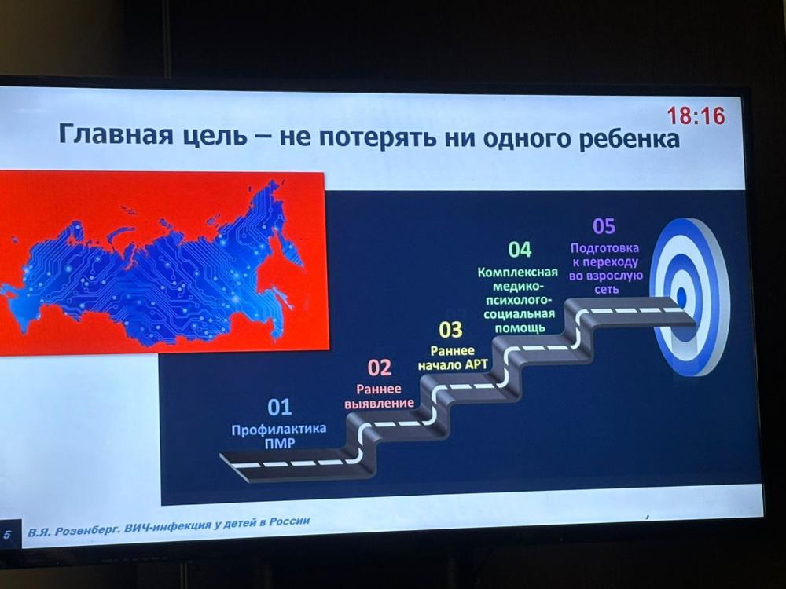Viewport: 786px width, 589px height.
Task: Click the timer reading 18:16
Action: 696,115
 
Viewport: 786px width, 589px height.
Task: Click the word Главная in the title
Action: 116,134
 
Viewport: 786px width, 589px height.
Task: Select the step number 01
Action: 279,407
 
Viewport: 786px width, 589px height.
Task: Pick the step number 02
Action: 379,368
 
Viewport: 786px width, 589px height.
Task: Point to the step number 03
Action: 450,330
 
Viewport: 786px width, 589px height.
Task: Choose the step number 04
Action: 520,249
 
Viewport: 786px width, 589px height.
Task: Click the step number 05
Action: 604,226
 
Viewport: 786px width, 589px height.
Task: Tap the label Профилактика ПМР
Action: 279,436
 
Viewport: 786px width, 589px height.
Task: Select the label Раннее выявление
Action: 380,396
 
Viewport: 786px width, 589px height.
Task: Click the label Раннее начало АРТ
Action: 452,357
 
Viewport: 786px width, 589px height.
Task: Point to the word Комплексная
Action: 518,273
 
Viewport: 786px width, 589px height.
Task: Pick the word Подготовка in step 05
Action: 604,248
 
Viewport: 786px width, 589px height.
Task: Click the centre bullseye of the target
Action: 681,297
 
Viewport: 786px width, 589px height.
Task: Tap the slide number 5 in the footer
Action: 7,534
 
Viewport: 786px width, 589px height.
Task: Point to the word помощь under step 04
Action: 520,328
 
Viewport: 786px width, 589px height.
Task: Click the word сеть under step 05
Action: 607,290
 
